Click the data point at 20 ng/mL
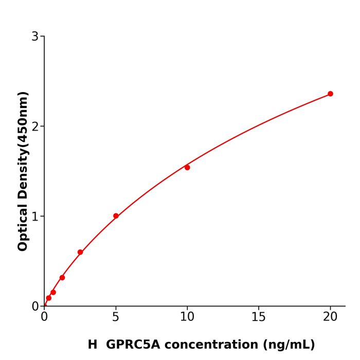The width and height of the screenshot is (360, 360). point(330,94)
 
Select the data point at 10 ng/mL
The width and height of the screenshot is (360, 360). point(187,167)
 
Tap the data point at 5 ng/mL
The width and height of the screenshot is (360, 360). point(116,216)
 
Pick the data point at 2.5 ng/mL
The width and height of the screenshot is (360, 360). point(80,252)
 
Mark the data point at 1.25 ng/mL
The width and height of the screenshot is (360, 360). point(62,277)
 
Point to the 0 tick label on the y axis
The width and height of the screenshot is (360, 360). point(35,307)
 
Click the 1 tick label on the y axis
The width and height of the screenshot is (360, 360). point(35,217)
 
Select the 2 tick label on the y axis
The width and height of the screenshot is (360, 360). point(35,127)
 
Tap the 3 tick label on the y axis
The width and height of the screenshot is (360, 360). point(35,37)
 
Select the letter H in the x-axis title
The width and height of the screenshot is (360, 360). point(92,345)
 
